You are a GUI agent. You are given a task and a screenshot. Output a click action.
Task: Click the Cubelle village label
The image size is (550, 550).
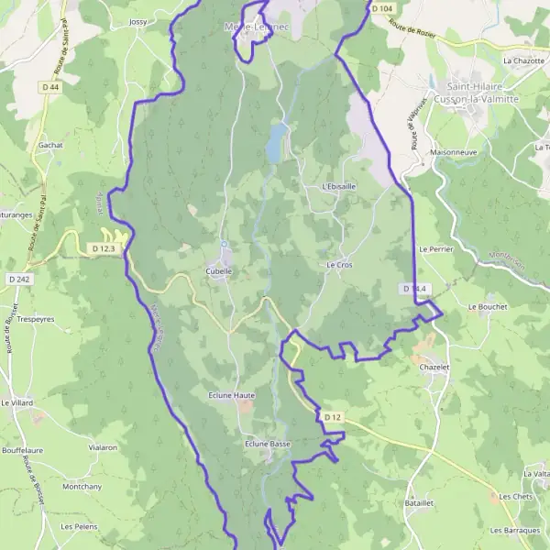219,271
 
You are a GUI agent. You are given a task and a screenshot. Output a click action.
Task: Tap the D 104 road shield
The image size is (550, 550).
382,7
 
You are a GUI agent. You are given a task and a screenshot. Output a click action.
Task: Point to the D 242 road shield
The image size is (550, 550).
18,279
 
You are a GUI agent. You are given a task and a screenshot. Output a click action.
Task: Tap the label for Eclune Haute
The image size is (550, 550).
231,395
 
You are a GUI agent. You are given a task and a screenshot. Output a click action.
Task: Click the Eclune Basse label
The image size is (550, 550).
268,444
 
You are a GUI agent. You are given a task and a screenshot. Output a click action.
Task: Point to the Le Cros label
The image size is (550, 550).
339,264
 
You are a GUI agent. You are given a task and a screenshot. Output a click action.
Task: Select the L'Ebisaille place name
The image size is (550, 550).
339,186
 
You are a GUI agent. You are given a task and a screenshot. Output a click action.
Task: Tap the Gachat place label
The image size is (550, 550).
50,145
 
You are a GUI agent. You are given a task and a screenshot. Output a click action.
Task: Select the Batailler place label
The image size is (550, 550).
419,503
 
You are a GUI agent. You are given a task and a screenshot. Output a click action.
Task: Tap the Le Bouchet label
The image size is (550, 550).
487,306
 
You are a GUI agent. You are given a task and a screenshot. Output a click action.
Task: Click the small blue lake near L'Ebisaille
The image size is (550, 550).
275,143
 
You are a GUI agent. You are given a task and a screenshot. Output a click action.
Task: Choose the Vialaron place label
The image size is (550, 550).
103,447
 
